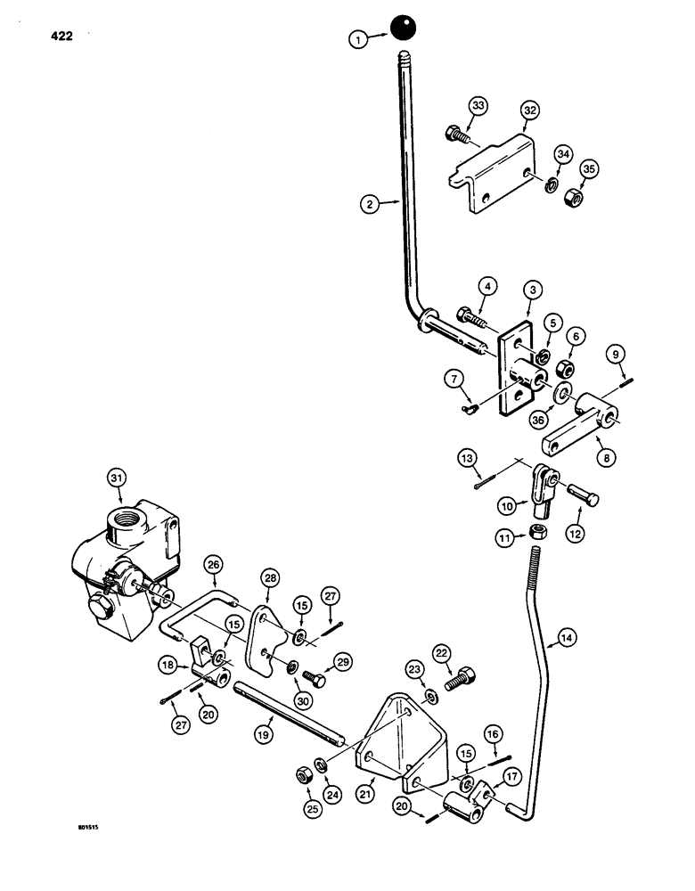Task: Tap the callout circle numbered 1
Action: click(x=357, y=38)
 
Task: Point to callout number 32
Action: click(x=531, y=110)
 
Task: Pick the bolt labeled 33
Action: click(x=455, y=137)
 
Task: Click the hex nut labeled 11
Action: click(x=538, y=532)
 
